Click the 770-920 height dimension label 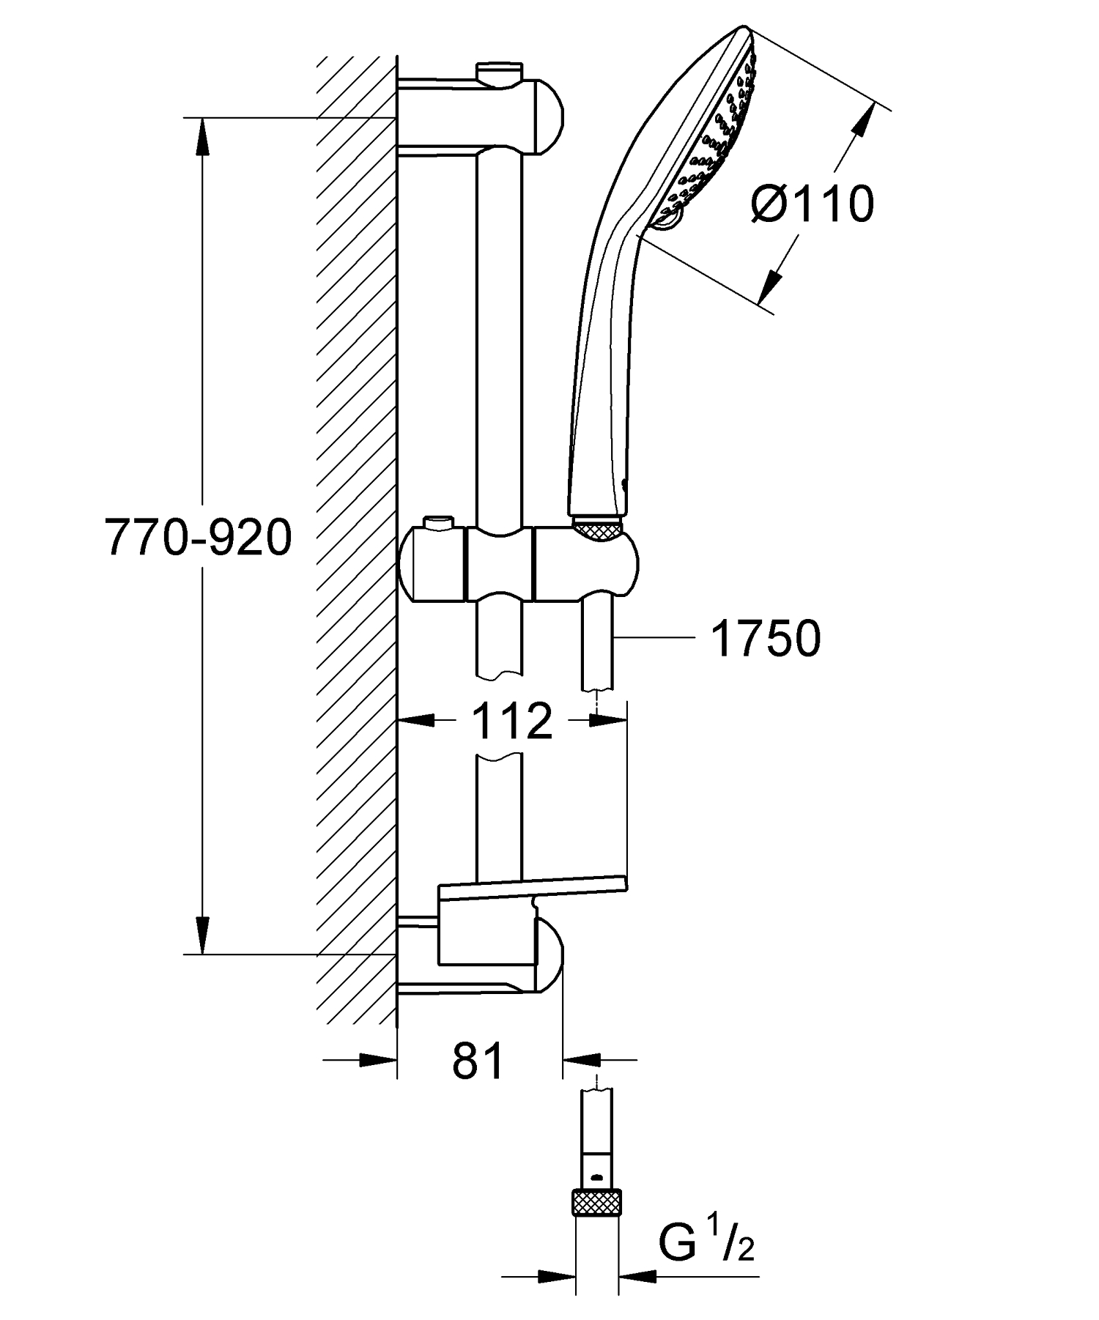click(x=199, y=538)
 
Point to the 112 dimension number click(x=511, y=721)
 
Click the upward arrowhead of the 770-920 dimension click(x=203, y=136)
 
